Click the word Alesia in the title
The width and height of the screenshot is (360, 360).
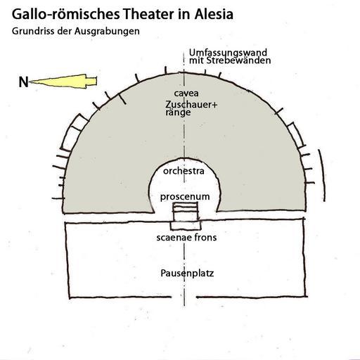(214, 14)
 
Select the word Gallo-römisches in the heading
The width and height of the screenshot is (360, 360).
(65, 14)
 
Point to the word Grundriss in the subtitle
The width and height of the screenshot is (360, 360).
(33, 31)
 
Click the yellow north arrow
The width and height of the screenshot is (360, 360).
(63, 82)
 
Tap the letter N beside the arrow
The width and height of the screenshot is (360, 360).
(23, 82)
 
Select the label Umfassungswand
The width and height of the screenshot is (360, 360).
(228, 53)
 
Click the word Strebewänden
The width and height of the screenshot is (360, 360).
(239, 60)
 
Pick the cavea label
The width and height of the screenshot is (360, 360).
(186, 94)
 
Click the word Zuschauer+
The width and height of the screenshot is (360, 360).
(191, 105)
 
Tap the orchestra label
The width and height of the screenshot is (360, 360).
(184, 171)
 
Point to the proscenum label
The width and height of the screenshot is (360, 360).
(185, 197)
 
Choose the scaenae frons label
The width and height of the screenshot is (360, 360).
(186, 238)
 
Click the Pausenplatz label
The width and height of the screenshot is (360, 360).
(187, 274)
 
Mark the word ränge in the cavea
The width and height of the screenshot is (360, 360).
(178, 112)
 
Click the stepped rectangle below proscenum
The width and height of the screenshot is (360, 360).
(186, 216)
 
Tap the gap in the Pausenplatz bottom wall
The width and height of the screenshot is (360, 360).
(184, 297)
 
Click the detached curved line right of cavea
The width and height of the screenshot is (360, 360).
(322, 174)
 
